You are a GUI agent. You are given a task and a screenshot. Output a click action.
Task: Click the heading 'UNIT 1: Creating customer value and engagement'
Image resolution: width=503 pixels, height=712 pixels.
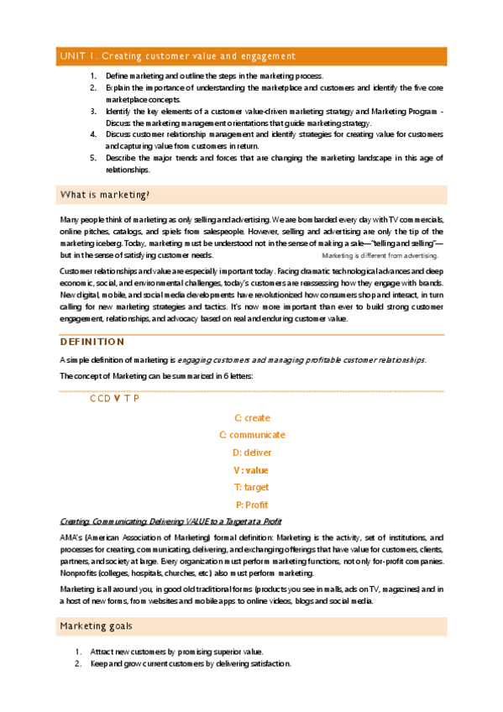click(177, 56)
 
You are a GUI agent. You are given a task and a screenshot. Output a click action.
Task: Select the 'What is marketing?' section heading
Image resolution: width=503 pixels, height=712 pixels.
click(105, 196)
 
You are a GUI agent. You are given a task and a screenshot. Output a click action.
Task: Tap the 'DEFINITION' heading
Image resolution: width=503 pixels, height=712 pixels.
click(92, 342)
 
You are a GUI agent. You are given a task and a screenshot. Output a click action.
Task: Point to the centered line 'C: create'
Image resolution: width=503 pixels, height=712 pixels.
click(252, 417)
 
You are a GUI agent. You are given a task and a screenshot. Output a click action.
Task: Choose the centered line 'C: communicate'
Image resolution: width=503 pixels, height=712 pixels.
click(252, 435)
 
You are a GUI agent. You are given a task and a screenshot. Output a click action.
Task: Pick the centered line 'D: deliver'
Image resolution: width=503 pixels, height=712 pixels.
click(252, 453)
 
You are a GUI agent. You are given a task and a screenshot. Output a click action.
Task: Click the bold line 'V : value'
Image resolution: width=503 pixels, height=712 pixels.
click(252, 470)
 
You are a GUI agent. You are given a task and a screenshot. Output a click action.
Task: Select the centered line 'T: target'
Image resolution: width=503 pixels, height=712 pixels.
click(252, 487)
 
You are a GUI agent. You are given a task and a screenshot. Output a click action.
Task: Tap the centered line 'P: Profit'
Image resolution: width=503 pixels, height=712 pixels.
click(252, 505)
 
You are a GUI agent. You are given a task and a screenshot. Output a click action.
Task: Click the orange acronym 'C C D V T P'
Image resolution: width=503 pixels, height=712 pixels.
click(115, 398)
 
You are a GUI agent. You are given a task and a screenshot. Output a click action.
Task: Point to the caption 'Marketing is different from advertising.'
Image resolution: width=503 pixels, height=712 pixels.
click(380, 255)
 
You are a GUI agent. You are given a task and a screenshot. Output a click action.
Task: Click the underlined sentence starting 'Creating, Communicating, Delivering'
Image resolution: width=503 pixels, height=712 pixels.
click(170, 522)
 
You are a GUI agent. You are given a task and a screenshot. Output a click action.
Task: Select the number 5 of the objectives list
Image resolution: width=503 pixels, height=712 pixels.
click(92, 158)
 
